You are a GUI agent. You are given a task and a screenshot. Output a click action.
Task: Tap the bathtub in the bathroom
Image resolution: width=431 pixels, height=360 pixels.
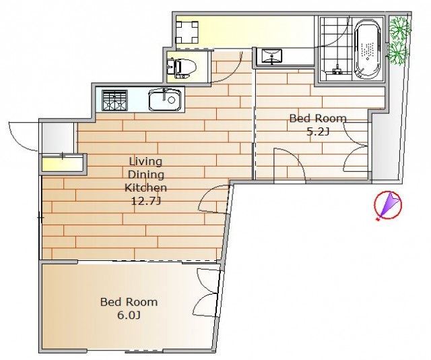[368, 49]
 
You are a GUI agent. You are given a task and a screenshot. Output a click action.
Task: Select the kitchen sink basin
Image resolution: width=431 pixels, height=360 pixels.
[166, 100]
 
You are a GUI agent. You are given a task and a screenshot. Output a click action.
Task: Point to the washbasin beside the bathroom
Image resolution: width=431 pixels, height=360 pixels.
[271, 55]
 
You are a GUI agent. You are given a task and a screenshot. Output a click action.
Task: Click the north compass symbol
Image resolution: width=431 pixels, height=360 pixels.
[388, 206]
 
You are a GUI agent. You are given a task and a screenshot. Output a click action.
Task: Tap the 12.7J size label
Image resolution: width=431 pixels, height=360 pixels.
[145, 202]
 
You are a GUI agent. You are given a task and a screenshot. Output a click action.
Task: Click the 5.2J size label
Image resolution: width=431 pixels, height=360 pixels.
[318, 132]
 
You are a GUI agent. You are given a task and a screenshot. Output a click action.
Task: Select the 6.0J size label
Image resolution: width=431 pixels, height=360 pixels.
[129, 315]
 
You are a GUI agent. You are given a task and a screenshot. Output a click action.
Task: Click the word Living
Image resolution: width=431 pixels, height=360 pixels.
[145, 162]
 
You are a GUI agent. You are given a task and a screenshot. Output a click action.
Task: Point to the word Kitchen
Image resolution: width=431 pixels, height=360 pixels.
[145, 187]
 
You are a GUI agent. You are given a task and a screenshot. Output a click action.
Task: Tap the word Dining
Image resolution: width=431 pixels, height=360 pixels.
[146, 175]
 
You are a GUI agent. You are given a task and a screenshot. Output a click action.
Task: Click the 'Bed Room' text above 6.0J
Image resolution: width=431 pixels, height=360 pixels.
[129, 302]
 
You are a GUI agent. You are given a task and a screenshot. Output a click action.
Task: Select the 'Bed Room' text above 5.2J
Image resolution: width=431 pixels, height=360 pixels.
[318, 119]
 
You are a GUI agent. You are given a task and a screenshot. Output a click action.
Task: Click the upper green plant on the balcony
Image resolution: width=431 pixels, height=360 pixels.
[400, 28]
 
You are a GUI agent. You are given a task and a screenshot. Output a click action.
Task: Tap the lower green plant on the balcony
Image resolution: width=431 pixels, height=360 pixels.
[397, 53]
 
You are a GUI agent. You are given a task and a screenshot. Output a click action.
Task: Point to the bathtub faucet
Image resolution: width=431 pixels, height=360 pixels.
[336, 69]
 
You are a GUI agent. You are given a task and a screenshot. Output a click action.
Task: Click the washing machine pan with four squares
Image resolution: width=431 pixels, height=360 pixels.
[187, 32]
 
